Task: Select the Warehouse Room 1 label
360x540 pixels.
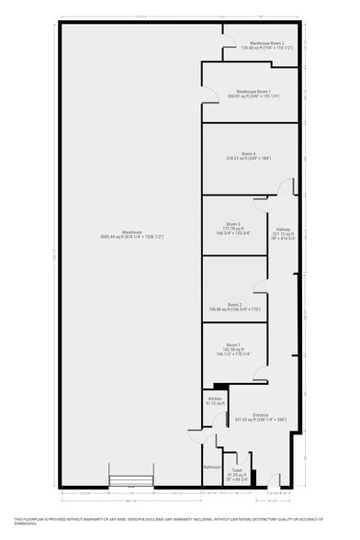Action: tap(253, 92)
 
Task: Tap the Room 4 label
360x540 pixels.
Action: tap(248, 153)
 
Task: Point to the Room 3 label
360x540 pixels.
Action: tap(232, 224)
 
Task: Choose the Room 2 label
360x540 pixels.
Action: tap(234, 305)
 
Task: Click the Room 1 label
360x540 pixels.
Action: tap(232, 344)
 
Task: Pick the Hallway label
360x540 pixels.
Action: tap(282, 229)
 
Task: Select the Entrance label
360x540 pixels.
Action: tap(260, 415)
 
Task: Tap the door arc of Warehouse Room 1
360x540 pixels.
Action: tap(210, 91)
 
